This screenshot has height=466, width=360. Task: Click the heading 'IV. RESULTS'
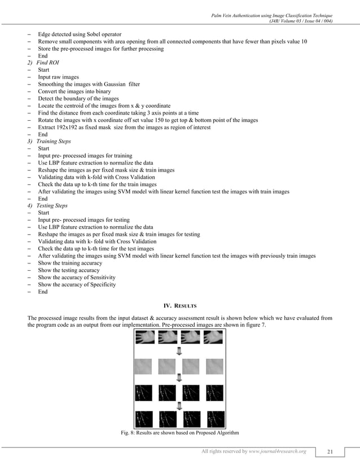click(x=179, y=305)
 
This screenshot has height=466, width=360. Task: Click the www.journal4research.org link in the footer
click(x=279, y=451)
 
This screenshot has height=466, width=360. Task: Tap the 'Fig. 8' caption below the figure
click(x=179, y=433)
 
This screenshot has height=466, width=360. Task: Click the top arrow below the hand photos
click(x=179, y=353)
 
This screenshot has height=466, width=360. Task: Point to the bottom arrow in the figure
click(x=179, y=405)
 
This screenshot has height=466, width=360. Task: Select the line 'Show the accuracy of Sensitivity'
click(x=76, y=278)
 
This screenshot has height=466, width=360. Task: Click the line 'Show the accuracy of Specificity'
click(x=76, y=285)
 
